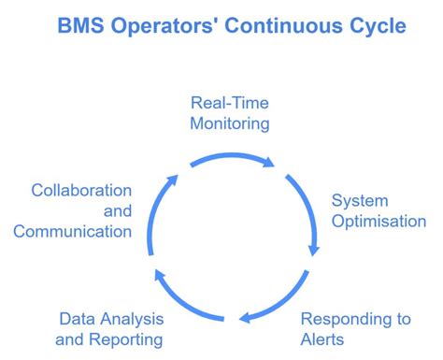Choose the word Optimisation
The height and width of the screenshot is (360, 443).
[x=379, y=222]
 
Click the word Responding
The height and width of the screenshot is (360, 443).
[x=339, y=319]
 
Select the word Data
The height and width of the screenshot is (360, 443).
[x=79, y=319]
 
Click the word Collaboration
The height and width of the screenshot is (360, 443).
[x=80, y=190]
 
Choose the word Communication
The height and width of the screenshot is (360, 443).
[x=72, y=231]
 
